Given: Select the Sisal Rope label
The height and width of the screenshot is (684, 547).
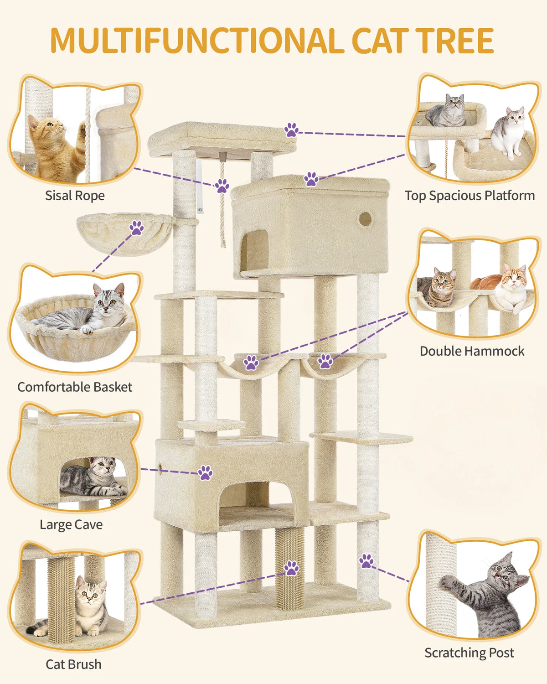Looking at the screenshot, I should tap(75, 196).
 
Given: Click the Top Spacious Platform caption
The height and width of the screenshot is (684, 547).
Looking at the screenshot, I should tap(470, 196).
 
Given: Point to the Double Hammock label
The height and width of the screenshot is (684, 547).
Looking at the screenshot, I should tap(472, 351).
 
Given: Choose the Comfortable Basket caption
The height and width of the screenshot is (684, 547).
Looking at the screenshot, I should tap(75, 387).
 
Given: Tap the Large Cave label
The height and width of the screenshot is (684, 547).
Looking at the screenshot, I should tap(71, 524).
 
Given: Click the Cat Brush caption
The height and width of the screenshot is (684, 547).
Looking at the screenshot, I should tap(73, 664).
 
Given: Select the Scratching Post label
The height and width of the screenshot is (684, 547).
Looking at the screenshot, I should tap(469, 653).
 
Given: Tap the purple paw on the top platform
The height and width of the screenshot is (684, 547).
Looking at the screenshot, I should tap(292, 130).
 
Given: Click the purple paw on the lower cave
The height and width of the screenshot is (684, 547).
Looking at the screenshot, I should tap(205, 473).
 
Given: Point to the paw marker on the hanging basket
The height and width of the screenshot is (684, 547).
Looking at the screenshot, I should tap(136, 228).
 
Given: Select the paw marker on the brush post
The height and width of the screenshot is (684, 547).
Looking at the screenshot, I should tap(292, 568).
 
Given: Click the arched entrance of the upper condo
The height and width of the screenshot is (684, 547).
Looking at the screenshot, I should tap(254, 251).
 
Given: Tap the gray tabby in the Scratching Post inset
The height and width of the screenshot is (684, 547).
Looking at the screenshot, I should tap(492, 593).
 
